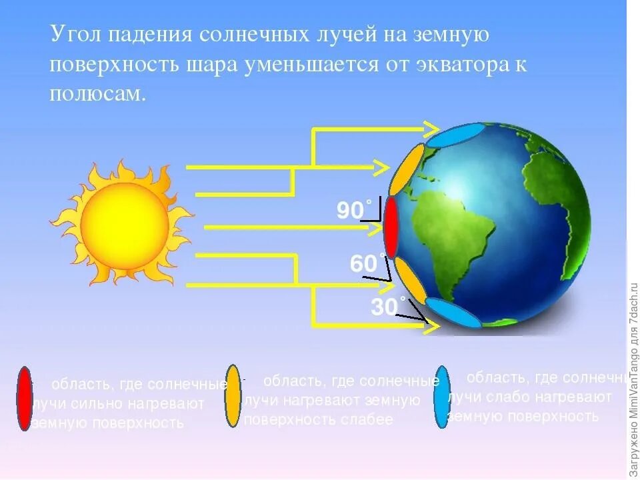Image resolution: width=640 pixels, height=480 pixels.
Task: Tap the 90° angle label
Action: [x=351, y=211]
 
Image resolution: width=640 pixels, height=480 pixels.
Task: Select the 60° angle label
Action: [x=365, y=264]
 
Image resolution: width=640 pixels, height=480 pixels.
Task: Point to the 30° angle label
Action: [x=385, y=307]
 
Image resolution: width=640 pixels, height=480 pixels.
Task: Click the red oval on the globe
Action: [x=391, y=227]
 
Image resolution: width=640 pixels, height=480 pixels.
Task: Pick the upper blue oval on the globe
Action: [x=451, y=136]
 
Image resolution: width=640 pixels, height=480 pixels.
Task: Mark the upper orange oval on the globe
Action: [x=407, y=169]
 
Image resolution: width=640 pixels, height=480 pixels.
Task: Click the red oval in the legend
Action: [x=25, y=398]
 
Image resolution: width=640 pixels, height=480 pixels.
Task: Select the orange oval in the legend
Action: [x=233, y=396]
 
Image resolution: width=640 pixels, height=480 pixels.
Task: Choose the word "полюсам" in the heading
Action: [x=96, y=95]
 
